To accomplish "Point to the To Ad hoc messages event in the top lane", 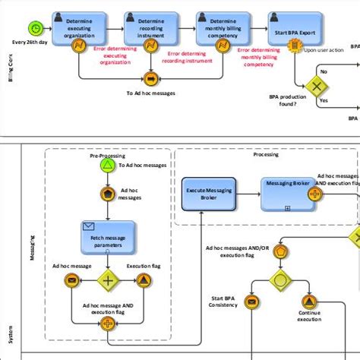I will (x=150, y=78).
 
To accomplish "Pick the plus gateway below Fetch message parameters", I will (x=108, y=280).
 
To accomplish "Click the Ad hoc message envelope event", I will (x=72, y=280).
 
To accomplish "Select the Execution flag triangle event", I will (x=143, y=280).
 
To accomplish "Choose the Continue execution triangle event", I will (x=308, y=302).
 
